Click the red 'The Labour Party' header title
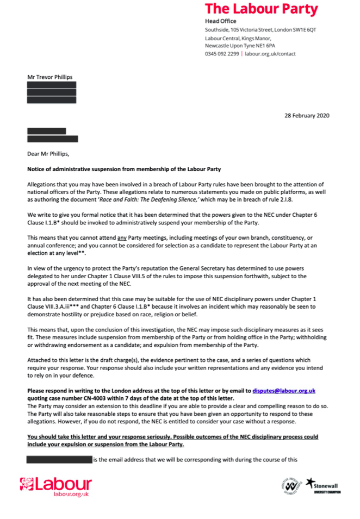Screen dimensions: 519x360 261,9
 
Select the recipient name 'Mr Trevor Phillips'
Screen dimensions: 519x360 50,78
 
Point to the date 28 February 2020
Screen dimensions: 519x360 307,115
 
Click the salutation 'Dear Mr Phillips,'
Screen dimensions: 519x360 49,154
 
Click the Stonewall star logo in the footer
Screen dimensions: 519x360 311,482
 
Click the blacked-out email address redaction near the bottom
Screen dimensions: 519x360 60,459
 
